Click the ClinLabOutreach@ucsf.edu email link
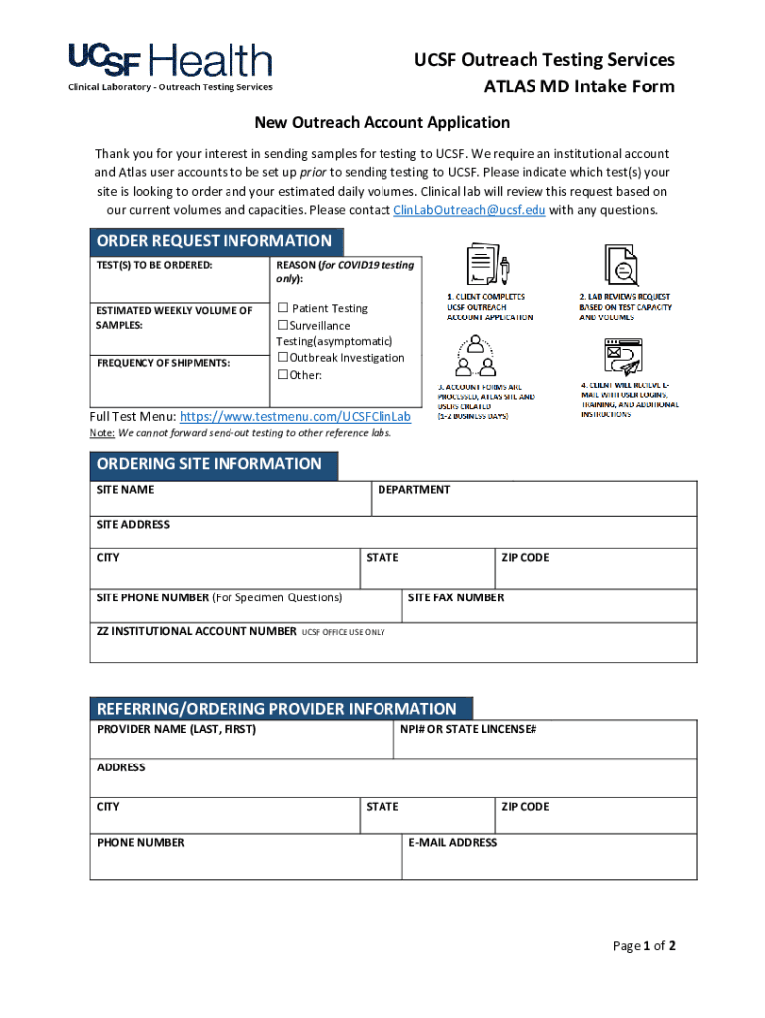click(469, 210)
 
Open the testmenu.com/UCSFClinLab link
click(294, 416)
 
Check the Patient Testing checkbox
click(283, 308)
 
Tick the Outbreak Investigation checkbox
click(283, 357)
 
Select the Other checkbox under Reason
click(283, 374)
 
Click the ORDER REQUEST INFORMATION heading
click(215, 241)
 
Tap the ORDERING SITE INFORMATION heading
click(210, 464)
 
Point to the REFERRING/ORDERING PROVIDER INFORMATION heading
click(277, 709)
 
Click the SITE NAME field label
click(125, 490)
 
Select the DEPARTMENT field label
click(413, 490)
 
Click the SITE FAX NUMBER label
click(456, 597)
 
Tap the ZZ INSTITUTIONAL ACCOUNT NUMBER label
click(197, 631)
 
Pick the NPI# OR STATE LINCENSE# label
click(468, 729)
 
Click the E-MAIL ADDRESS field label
click(452, 842)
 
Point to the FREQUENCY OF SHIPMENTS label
click(163, 363)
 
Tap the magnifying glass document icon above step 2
click(623, 263)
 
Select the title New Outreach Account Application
click(382, 123)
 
